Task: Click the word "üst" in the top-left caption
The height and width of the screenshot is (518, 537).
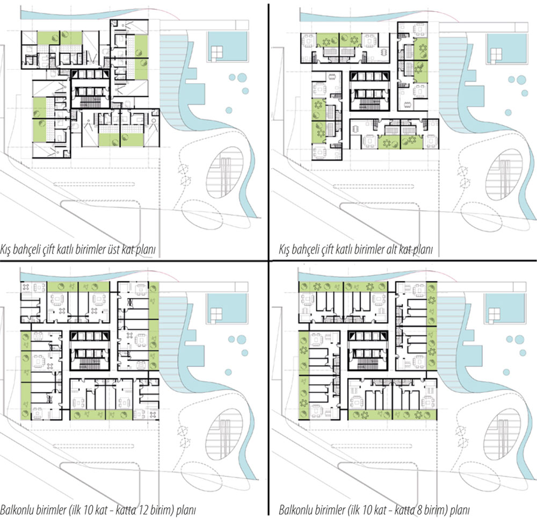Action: tap(113, 249)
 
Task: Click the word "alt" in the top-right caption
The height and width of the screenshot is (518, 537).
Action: tap(392, 249)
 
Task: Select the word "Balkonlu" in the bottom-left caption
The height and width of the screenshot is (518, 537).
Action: tap(14, 510)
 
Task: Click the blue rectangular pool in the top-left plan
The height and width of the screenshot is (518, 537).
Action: tap(227, 47)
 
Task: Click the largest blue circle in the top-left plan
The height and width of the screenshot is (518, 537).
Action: tap(242, 77)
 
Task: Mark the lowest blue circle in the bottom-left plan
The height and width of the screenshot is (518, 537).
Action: tap(228, 372)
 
